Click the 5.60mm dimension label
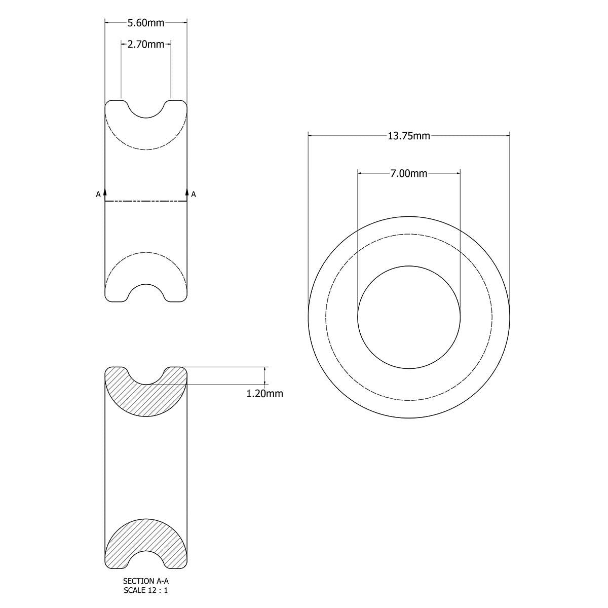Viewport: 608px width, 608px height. [x=146, y=22]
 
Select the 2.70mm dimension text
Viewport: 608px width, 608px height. [x=146, y=45]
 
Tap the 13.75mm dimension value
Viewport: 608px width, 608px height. [x=409, y=136]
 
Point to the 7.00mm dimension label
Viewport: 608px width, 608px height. [x=409, y=174]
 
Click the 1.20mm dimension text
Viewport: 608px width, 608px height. [x=264, y=394]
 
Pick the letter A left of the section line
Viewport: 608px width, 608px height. [x=98, y=194]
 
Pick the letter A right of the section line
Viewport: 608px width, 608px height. [x=194, y=194]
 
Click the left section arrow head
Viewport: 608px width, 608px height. [x=105, y=192]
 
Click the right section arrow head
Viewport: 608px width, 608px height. [x=187, y=192]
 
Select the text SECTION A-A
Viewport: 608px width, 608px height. [x=146, y=582]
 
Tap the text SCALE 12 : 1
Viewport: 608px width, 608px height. [x=146, y=590]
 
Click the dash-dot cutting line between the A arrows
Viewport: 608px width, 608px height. [x=146, y=202]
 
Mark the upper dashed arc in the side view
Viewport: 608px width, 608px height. [x=146, y=149]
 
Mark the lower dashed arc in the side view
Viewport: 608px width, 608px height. [x=146, y=252]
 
